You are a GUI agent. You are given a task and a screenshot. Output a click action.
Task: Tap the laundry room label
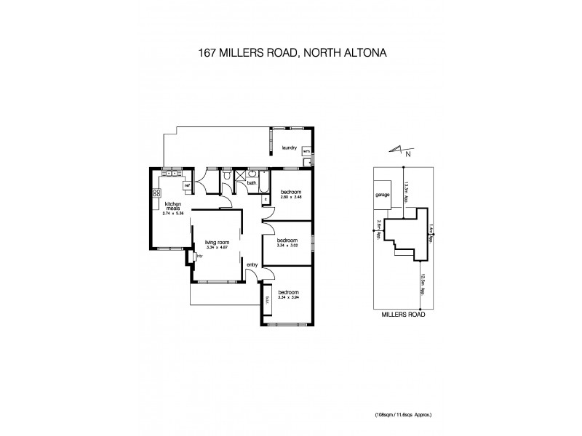290,148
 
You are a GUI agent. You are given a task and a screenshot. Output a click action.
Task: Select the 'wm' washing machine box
306,152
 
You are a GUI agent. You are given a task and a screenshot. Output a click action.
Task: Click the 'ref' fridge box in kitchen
187,186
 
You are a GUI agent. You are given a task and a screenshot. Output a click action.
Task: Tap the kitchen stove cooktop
156,193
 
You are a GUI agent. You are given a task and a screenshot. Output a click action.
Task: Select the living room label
217,243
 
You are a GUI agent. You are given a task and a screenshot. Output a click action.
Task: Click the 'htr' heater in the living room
198,256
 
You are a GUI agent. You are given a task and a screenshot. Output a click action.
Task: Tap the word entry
252,264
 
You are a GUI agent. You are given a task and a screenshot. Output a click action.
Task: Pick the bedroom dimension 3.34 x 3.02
289,245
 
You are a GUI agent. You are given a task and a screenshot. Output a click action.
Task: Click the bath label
251,183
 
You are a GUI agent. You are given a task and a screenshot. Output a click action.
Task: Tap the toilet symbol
228,177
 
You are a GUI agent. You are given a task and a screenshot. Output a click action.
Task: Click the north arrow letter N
407,154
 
